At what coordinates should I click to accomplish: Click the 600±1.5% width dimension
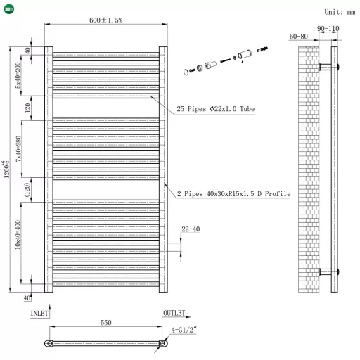(x=106, y=20)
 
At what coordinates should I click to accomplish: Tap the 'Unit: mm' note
(x=340, y=12)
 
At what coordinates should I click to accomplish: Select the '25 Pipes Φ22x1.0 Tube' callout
(x=215, y=110)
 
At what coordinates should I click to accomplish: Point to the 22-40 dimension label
(x=191, y=229)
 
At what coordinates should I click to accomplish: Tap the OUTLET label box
(x=174, y=313)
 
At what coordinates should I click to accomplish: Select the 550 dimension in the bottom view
(x=105, y=323)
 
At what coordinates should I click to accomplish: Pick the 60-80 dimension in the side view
(x=299, y=37)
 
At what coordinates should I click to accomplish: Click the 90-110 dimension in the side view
(x=328, y=29)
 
